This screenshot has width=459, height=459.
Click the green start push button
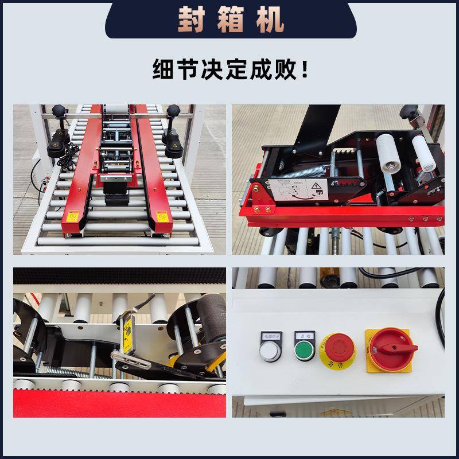[302, 349]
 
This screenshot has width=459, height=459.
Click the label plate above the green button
[302, 335]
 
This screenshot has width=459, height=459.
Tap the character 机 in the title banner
[270, 20]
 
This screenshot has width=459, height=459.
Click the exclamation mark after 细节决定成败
[304, 71]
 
